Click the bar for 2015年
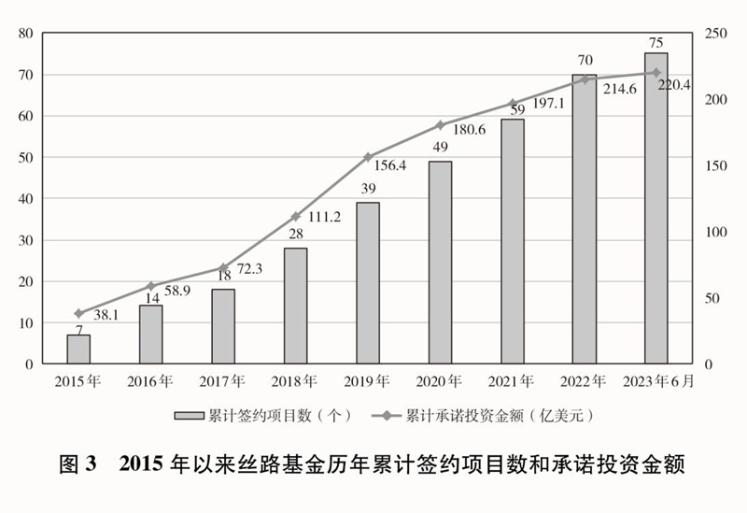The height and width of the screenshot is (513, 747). point(78,349)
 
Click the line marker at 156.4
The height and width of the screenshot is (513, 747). point(368,157)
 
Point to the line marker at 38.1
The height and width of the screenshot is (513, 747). point(78,313)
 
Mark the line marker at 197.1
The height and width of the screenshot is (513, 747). point(512,103)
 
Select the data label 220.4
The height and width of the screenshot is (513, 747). point(673,84)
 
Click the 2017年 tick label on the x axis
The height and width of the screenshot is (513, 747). point(222,381)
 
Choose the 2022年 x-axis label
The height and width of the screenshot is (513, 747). point(584,381)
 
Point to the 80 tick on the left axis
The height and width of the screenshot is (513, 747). point(25,34)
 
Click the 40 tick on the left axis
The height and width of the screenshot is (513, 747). point(25,199)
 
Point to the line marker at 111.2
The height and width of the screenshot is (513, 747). point(295,216)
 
